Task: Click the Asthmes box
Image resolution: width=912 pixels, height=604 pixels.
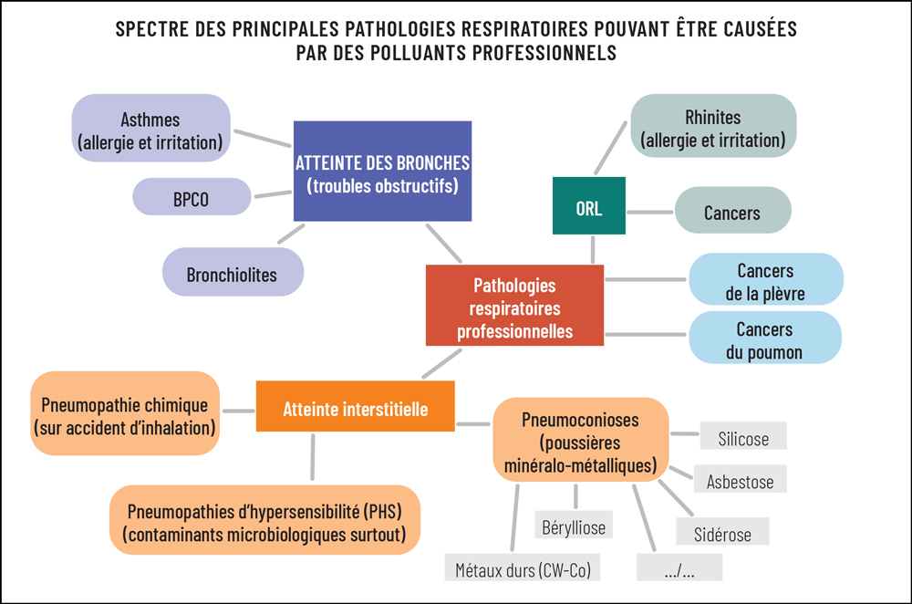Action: (x=150, y=130)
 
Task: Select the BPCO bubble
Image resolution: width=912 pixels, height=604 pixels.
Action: (x=192, y=197)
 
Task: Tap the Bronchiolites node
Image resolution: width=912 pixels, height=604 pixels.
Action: (x=232, y=274)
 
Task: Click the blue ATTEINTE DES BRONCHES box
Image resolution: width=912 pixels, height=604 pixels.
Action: (x=383, y=172)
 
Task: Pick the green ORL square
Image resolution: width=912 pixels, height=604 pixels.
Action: (x=589, y=206)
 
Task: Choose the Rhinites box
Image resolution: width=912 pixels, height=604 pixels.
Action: (x=713, y=128)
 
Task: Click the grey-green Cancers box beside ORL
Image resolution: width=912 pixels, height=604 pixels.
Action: (x=732, y=212)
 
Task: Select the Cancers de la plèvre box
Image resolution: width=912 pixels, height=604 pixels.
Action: (x=765, y=280)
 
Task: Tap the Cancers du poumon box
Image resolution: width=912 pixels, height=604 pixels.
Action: (x=765, y=338)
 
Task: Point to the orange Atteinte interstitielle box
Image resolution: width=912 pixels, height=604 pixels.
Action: (x=355, y=408)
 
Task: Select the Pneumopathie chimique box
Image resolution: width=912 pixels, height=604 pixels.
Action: (x=125, y=414)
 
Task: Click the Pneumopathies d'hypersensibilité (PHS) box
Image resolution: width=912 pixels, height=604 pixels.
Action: (x=264, y=520)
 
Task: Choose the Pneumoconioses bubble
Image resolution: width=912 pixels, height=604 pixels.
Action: (x=580, y=443)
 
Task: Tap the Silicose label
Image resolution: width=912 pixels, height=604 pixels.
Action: (x=742, y=438)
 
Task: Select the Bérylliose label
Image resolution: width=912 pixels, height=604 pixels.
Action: (x=573, y=525)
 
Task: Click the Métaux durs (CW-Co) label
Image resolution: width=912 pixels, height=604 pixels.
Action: (x=523, y=569)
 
